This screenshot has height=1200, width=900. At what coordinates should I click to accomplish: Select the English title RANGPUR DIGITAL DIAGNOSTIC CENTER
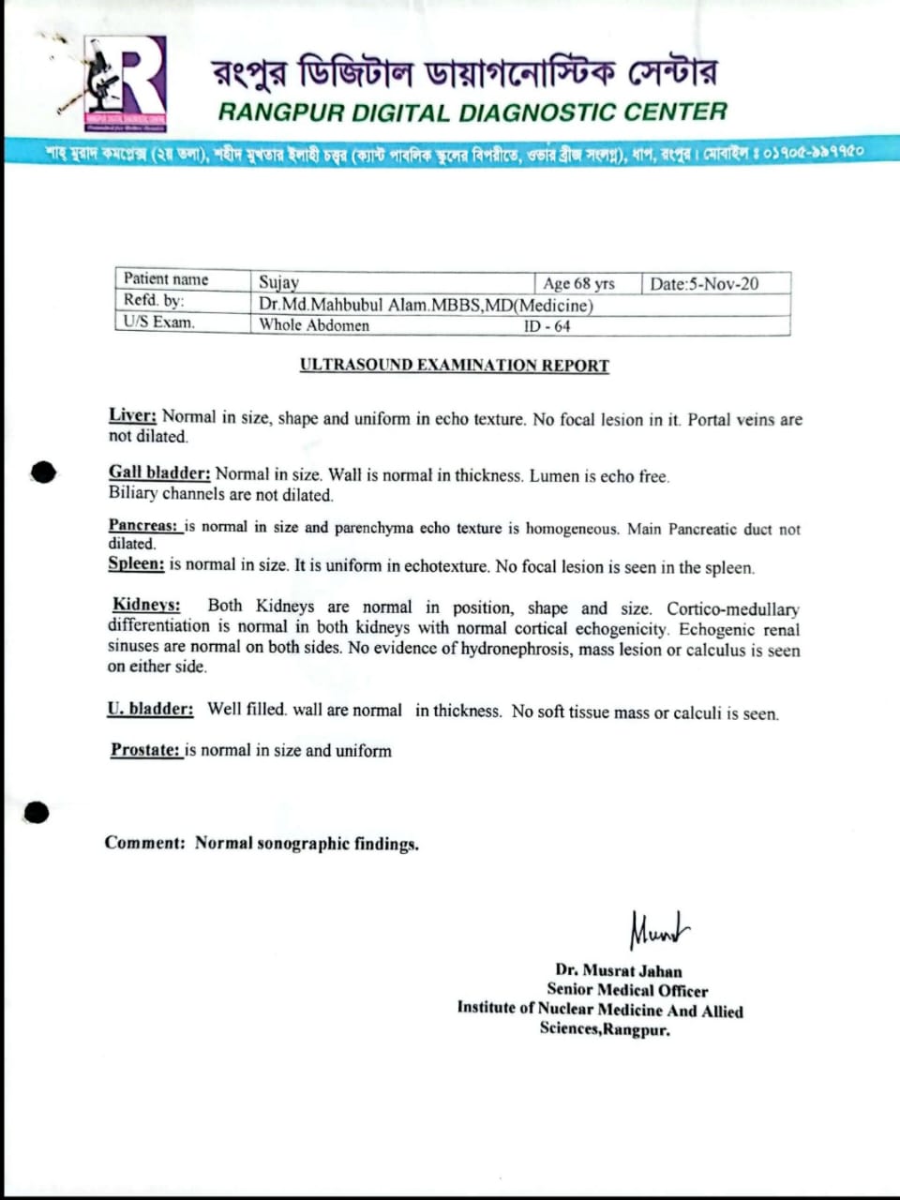click(x=472, y=112)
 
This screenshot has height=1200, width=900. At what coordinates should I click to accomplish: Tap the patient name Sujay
click(x=278, y=282)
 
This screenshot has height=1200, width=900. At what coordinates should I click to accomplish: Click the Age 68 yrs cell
click(x=578, y=283)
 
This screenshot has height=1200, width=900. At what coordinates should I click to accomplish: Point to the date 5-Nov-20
click(x=705, y=284)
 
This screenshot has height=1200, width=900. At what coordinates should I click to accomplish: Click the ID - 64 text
click(x=547, y=326)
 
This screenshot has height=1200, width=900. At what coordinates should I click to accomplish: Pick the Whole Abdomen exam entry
click(x=314, y=325)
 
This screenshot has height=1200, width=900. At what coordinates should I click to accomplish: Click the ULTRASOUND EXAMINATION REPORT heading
click(x=455, y=366)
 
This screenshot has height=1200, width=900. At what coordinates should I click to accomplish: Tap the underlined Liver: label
click(x=132, y=415)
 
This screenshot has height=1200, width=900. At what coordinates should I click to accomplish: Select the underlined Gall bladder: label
click(x=159, y=472)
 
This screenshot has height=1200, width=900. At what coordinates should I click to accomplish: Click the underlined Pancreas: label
click(x=142, y=526)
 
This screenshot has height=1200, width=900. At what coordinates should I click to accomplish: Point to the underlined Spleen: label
click(x=136, y=563)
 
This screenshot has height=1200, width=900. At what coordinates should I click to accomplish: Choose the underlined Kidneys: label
click(x=146, y=606)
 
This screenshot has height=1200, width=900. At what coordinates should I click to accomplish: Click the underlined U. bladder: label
click(x=150, y=709)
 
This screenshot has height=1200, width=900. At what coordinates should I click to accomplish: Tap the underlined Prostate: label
click(x=145, y=749)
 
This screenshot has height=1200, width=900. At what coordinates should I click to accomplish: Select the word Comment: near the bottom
click(x=145, y=842)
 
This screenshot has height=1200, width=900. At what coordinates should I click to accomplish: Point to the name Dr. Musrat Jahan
click(x=618, y=970)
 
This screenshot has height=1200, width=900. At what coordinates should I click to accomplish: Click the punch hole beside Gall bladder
click(x=42, y=472)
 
